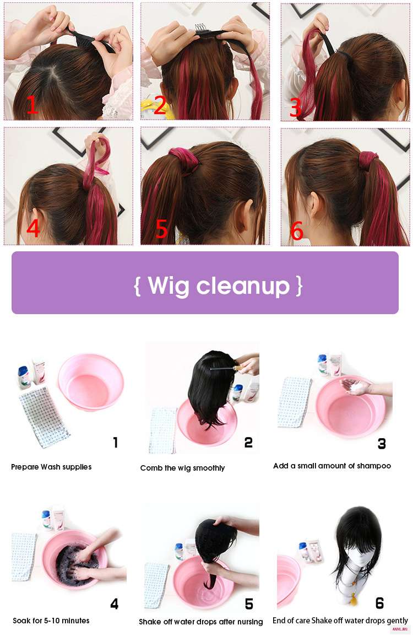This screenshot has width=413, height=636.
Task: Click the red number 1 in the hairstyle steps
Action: click(32, 105)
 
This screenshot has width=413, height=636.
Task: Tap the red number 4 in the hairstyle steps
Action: click(33, 228)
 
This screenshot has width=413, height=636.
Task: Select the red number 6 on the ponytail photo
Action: click(297, 230)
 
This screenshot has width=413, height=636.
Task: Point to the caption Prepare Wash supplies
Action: click(51, 467)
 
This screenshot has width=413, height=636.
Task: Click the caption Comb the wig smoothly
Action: click(182, 468)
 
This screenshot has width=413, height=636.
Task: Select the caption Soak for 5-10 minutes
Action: click(51, 621)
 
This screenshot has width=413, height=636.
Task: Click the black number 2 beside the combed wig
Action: click(248, 443)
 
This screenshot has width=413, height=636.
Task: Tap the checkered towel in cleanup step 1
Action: click(44, 418)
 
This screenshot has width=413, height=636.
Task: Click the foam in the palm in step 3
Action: click(357, 388)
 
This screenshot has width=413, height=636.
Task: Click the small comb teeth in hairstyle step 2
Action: click(200, 27)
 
